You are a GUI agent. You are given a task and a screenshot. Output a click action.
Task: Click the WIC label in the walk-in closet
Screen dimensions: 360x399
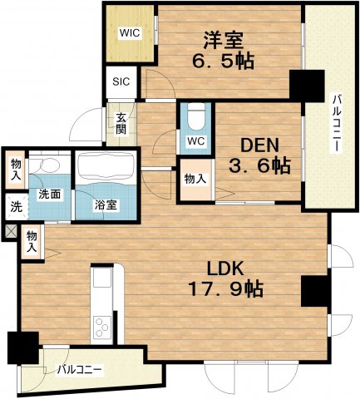(130, 33)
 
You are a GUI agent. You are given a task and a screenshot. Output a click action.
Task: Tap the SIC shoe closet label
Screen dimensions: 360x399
(121, 81)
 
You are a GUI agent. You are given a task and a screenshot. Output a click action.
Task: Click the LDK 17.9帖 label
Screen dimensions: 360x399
(225, 278)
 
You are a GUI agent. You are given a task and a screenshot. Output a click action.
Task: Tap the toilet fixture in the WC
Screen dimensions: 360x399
(196, 117)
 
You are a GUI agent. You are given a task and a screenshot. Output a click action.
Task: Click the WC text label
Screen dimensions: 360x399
(196, 141)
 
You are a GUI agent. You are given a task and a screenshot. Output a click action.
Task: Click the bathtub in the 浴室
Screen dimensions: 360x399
(105, 166)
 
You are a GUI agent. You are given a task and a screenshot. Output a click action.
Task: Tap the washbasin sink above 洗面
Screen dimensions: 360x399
(50, 165)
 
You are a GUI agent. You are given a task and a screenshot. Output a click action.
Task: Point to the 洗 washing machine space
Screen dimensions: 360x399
(17, 207)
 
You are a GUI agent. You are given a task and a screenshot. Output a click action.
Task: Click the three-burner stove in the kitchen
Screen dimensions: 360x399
(101, 327)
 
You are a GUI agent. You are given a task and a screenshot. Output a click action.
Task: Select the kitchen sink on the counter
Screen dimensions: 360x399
(101, 277)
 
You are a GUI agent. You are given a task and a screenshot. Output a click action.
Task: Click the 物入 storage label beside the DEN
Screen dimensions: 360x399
(195, 179)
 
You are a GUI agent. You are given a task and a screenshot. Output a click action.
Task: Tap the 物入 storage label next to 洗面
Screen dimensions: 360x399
(16, 170)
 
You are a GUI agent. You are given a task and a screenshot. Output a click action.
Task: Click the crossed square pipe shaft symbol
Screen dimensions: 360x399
(11, 231)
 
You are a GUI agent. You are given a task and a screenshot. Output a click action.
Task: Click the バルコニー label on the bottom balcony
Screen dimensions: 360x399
(80, 370)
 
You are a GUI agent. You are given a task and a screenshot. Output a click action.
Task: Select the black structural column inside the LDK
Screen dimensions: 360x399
(314, 291)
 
